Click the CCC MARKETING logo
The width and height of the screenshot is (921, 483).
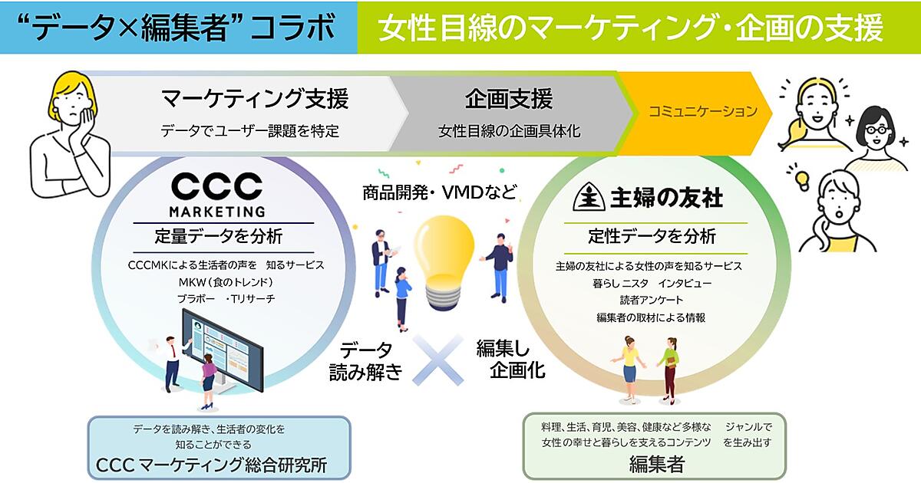[217, 195]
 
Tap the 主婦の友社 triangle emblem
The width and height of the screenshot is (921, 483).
[589, 197]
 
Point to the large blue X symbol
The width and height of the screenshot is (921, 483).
[437, 360]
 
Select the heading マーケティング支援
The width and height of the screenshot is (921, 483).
[255, 99]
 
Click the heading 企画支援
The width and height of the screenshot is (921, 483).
[509, 99]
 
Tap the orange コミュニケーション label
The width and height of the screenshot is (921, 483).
[703, 111]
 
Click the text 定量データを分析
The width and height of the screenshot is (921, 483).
[218, 237]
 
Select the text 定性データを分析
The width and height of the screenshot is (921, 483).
[652, 237]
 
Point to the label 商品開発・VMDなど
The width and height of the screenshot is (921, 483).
[439, 192]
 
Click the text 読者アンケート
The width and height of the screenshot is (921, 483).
[652, 301]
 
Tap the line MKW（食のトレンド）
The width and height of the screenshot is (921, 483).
[226, 282]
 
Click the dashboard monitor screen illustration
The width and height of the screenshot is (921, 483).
[223, 350]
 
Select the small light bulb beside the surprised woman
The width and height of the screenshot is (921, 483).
[802, 180]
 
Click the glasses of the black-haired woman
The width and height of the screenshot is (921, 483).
[876, 130]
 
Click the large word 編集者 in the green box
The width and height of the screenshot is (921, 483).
[657, 465]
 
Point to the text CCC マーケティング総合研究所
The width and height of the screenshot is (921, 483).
[211, 465]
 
